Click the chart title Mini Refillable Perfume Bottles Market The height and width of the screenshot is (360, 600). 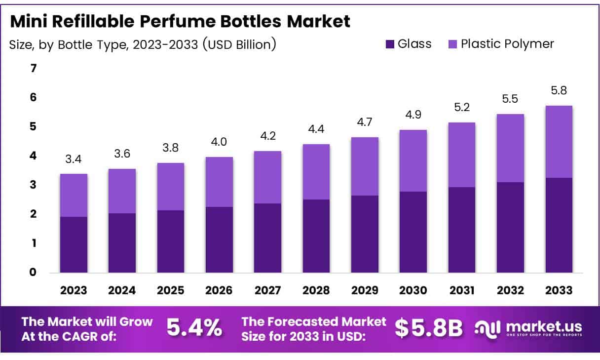click(x=180, y=21)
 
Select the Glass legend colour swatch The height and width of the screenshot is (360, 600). click(x=390, y=44)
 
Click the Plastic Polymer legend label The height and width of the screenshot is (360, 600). click(x=507, y=44)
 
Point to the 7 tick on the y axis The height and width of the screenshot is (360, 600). click(x=34, y=68)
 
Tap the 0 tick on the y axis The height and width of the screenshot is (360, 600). click(x=34, y=272)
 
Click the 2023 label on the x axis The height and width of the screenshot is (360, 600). click(x=74, y=290)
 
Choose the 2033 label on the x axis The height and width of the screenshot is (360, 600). click(x=559, y=290)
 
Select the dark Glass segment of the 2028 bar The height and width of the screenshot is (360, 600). click(x=316, y=236)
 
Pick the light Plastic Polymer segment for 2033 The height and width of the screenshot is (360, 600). click(x=559, y=142)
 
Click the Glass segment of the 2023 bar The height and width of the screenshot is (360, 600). click(x=74, y=244)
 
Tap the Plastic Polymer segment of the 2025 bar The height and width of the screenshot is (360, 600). click(x=171, y=187)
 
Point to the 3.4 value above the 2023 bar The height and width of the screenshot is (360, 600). click(x=74, y=160)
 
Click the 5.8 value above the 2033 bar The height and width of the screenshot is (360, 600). click(x=559, y=91)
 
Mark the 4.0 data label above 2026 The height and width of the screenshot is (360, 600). click(x=219, y=143)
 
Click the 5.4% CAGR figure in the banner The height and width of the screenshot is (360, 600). click(x=194, y=328)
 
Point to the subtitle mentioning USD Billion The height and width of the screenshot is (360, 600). click(x=143, y=44)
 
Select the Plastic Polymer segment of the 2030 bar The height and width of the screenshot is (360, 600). click(x=413, y=160)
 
